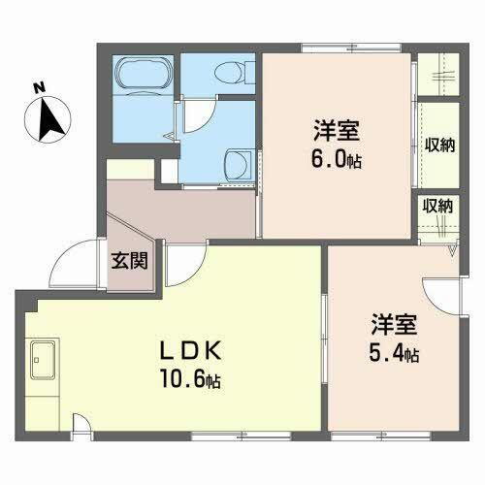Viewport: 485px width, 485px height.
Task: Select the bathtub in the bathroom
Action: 144,77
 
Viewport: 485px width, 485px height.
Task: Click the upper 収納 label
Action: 440,145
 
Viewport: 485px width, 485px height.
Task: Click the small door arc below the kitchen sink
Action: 85,423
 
